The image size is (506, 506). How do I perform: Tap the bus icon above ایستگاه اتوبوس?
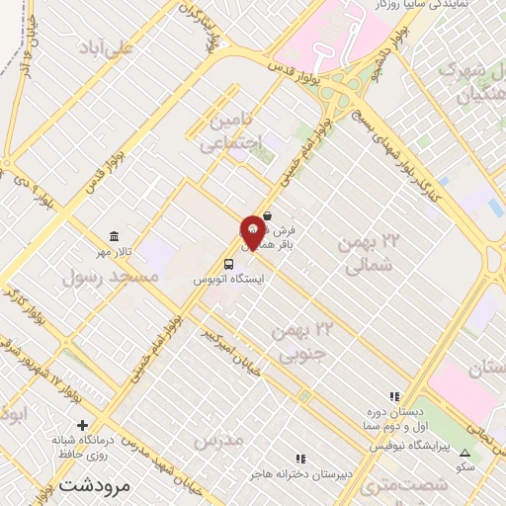tap(229, 265)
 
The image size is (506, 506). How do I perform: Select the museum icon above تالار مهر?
tap(116, 237)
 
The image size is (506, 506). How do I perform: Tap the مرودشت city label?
tap(94, 485)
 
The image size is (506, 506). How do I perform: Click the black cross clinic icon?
tap(66, 424)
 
